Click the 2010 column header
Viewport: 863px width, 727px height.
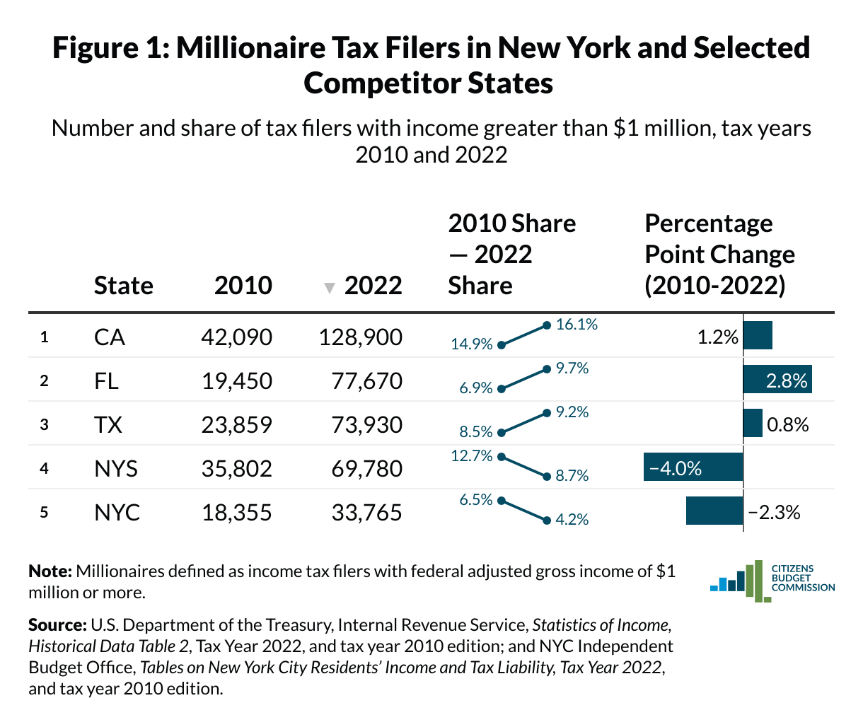coord(243,285)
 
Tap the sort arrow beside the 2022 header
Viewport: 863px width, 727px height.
coord(328,288)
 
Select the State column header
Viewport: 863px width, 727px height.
coord(123,285)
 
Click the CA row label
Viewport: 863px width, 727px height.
coord(109,337)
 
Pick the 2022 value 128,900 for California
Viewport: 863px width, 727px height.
coord(360,337)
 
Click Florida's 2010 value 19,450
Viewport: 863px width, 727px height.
coord(236,380)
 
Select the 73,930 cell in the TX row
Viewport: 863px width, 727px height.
coord(366,424)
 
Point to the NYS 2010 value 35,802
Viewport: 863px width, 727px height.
coord(236,468)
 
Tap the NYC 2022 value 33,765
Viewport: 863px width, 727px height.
coord(366,512)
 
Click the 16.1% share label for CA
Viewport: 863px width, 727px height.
coord(577,325)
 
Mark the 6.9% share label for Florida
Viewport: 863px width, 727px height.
coord(475,388)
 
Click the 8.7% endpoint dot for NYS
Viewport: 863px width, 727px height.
coord(546,477)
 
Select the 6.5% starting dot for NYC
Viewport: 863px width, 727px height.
coord(501,501)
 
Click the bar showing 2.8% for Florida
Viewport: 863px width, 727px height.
coord(777,380)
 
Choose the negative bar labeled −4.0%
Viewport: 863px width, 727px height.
coord(693,467)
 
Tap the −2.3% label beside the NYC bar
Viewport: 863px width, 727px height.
coord(774,512)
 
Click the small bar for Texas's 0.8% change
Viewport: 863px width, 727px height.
coord(753,424)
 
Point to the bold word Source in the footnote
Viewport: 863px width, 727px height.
coord(57,625)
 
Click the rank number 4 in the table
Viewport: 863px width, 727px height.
coord(44,468)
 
